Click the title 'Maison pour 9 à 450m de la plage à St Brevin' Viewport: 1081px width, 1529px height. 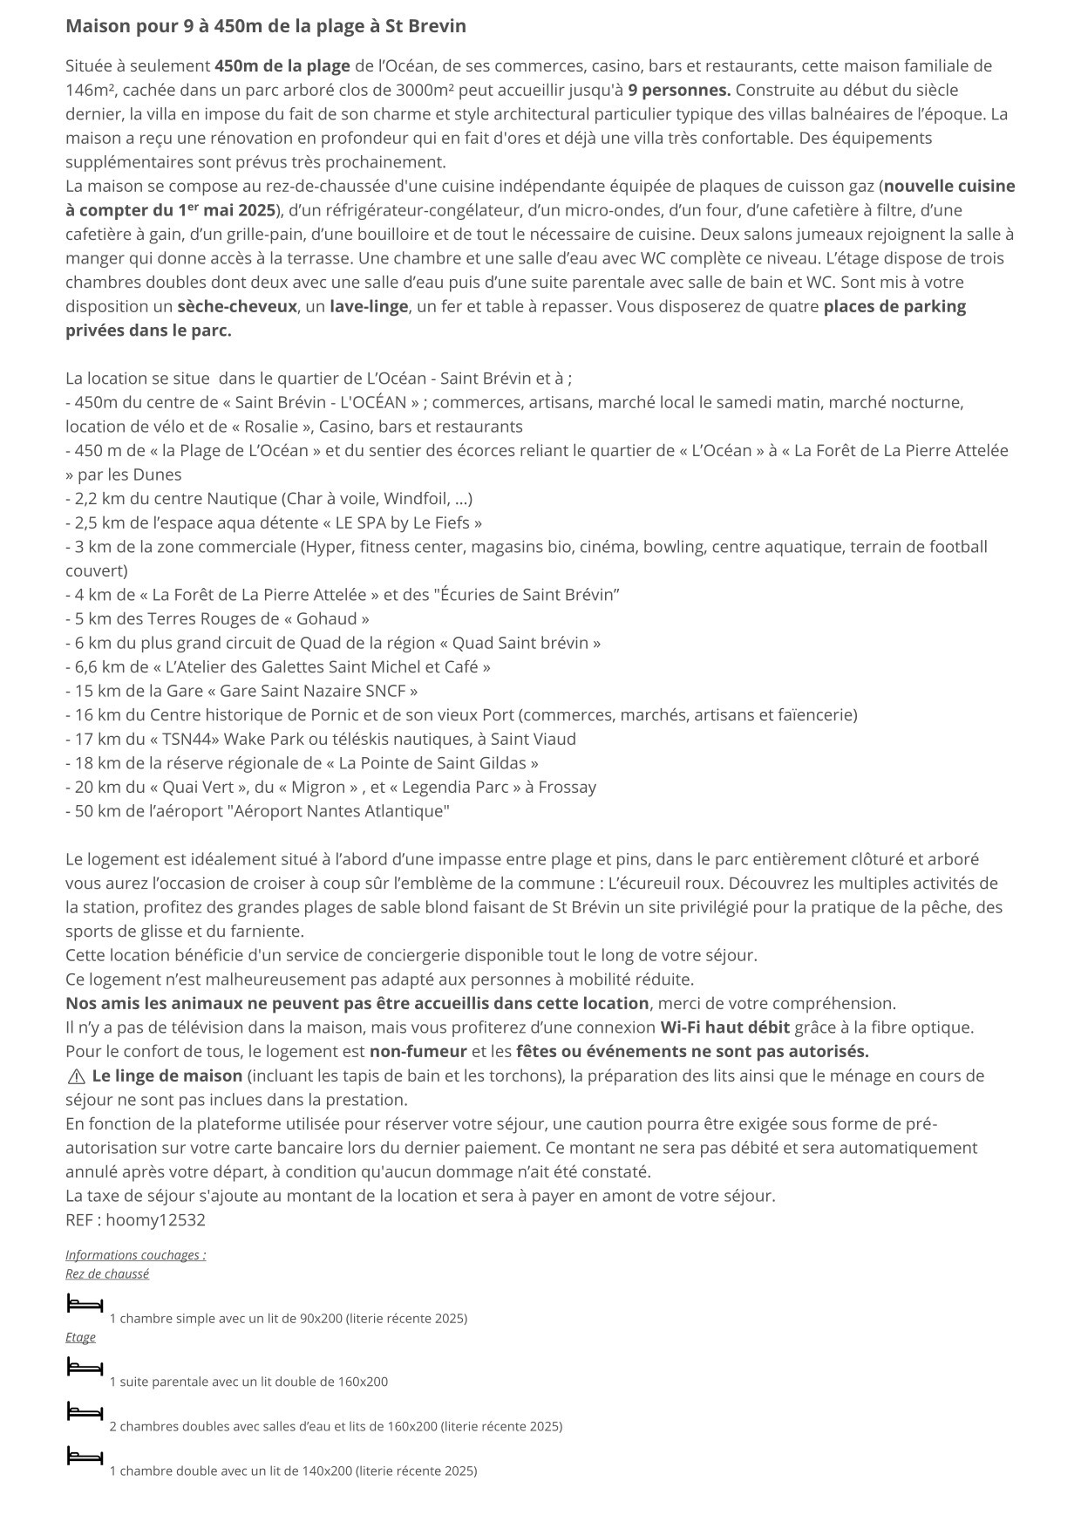[265, 26]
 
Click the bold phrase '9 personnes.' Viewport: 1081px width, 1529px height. [679, 90]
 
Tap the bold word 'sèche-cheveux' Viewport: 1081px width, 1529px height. [236, 306]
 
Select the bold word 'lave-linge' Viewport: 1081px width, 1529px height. [369, 306]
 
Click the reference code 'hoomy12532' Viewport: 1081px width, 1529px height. [155, 1219]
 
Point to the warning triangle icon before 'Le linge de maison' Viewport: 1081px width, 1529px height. [76, 1076]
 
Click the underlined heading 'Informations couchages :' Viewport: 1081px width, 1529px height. [135, 1255]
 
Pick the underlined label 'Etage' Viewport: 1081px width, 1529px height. [80, 1337]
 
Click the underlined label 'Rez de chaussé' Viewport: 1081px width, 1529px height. [107, 1273]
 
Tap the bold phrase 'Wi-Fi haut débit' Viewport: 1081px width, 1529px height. [724, 1027]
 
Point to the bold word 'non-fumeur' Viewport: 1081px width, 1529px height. [418, 1051]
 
